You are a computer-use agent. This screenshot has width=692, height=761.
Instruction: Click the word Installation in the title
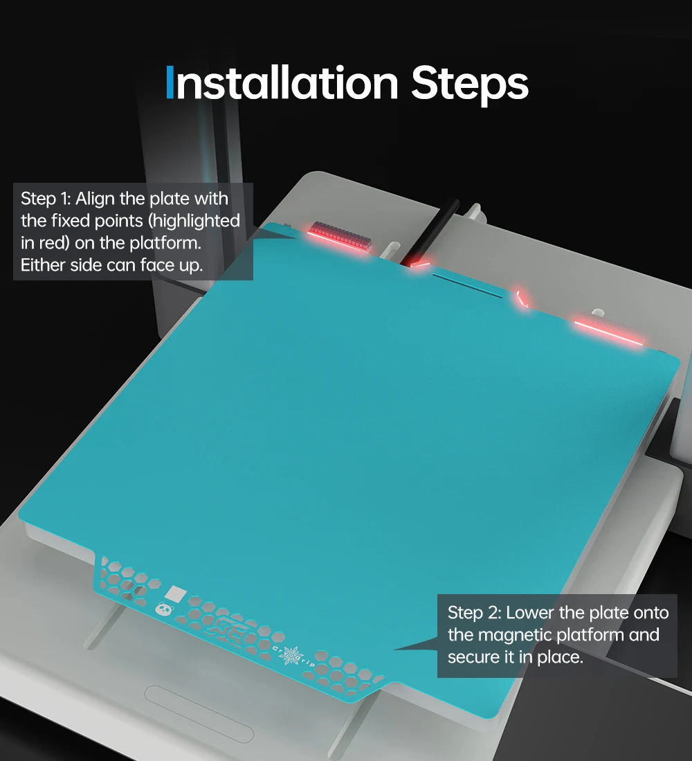tap(282, 83)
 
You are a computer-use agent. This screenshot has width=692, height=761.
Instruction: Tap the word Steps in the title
tap(469, 86)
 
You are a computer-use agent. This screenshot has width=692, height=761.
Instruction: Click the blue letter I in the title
tap(170, 83)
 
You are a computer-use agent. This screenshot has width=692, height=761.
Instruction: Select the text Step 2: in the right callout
tap(474, 613)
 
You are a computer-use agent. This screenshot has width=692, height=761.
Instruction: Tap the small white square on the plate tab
tap(176, 593)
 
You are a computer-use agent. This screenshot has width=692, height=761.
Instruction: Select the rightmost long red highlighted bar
tap(608, 332)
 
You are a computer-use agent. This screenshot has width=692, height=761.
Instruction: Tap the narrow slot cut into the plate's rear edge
tap(468, 285)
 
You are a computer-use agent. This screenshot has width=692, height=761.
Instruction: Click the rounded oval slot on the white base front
tap(199, 713)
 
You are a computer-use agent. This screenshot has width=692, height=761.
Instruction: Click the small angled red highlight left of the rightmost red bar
tap(521, 298)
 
